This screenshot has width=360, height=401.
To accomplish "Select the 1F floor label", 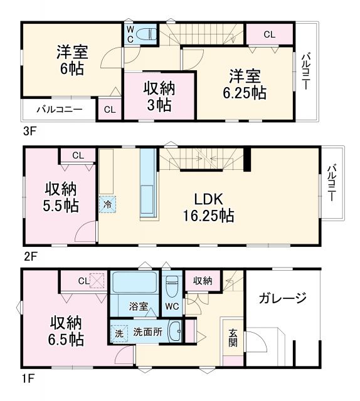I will tap(29, 378).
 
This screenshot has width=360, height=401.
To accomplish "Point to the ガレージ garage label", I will tap(282, 298).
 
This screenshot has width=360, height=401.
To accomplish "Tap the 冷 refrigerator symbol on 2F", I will tap(107, 203).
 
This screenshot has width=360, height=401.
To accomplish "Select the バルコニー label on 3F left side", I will tap(59, 108).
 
